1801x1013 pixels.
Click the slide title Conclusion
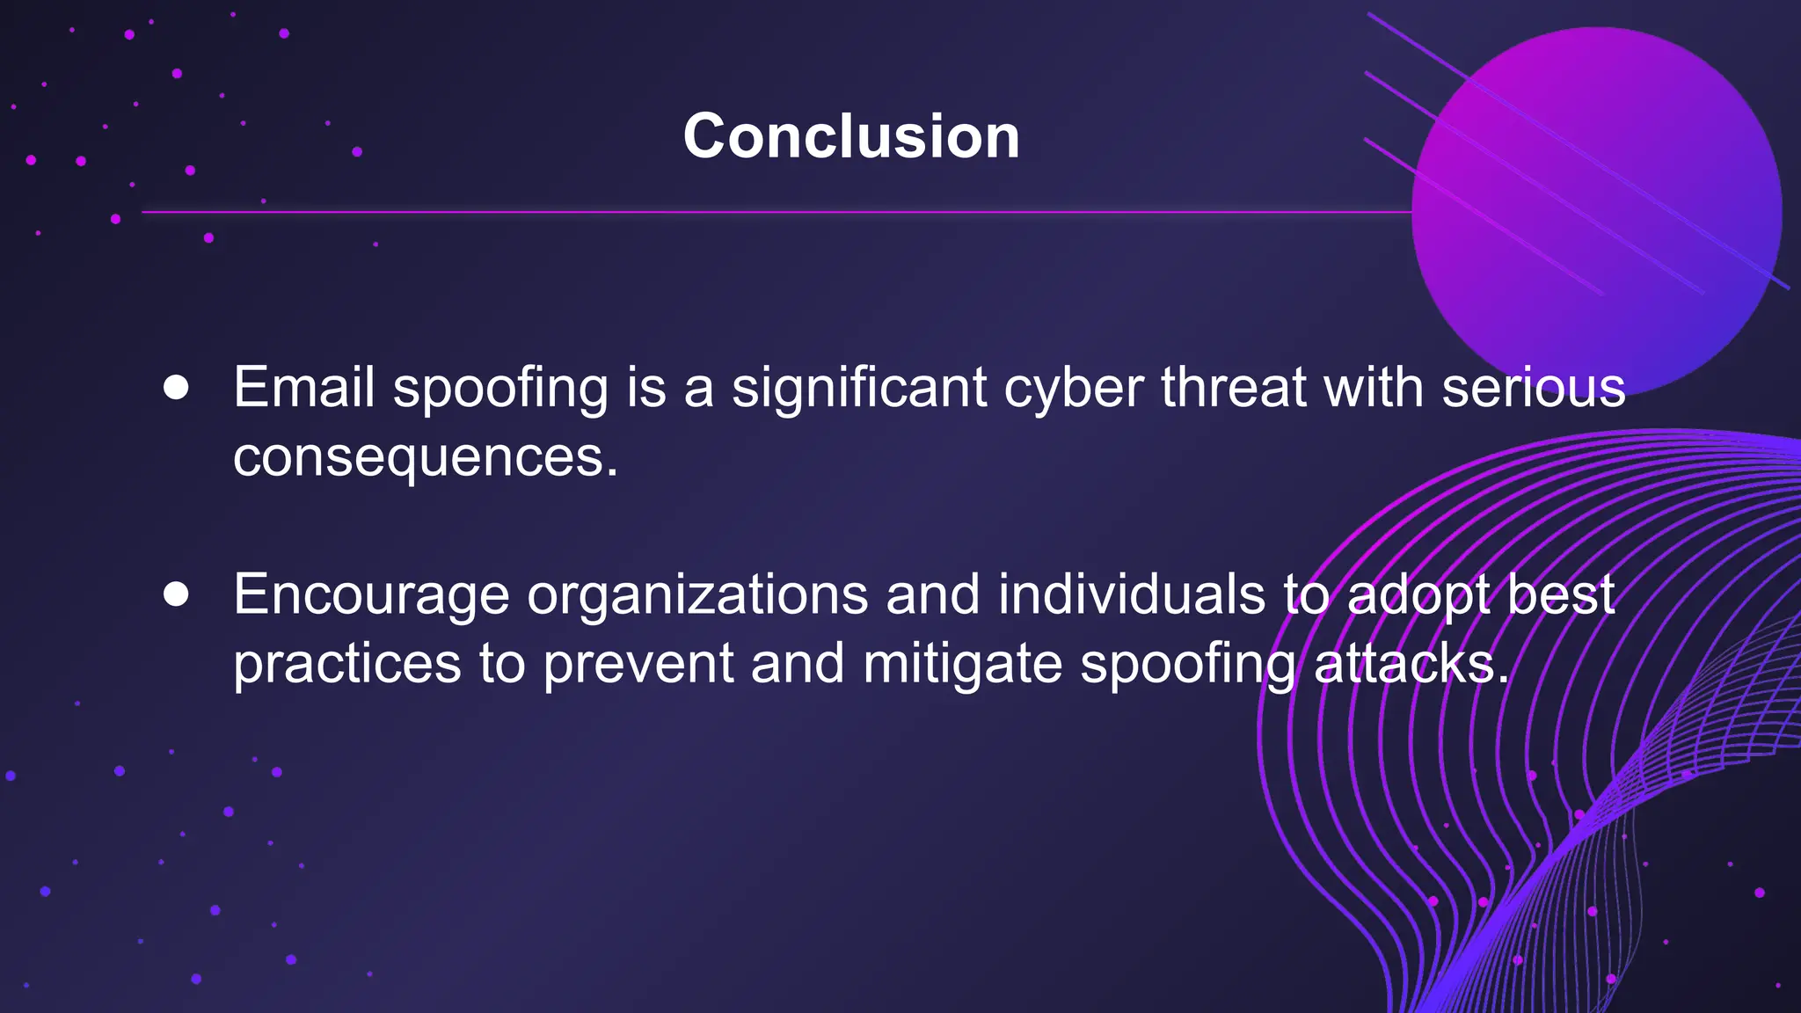tap(851, 137)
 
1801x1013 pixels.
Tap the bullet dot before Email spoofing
tap(176, 388)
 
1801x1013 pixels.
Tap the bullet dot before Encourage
tap(176, 594)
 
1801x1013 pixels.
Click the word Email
tap(304, 387)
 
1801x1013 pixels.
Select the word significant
tap(859, 389)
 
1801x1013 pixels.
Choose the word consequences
tap(426, 457)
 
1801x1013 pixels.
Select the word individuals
tap(1131, 594)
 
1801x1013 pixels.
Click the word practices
tap(346, 664)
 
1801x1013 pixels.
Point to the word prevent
tap(638, 664)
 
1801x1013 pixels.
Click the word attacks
tap(1411, 664)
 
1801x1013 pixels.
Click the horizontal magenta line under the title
tap(774, 212)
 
